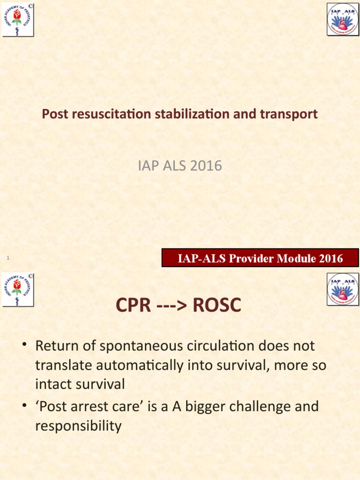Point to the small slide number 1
(8, 258)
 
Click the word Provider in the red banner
(252, 258)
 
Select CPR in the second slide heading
(134, 306)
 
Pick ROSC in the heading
(217, 306)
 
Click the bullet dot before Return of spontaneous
(25, 346)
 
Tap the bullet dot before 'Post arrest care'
(25, 406)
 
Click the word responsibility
(78, 426)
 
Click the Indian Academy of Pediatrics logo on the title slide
(18, 19)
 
